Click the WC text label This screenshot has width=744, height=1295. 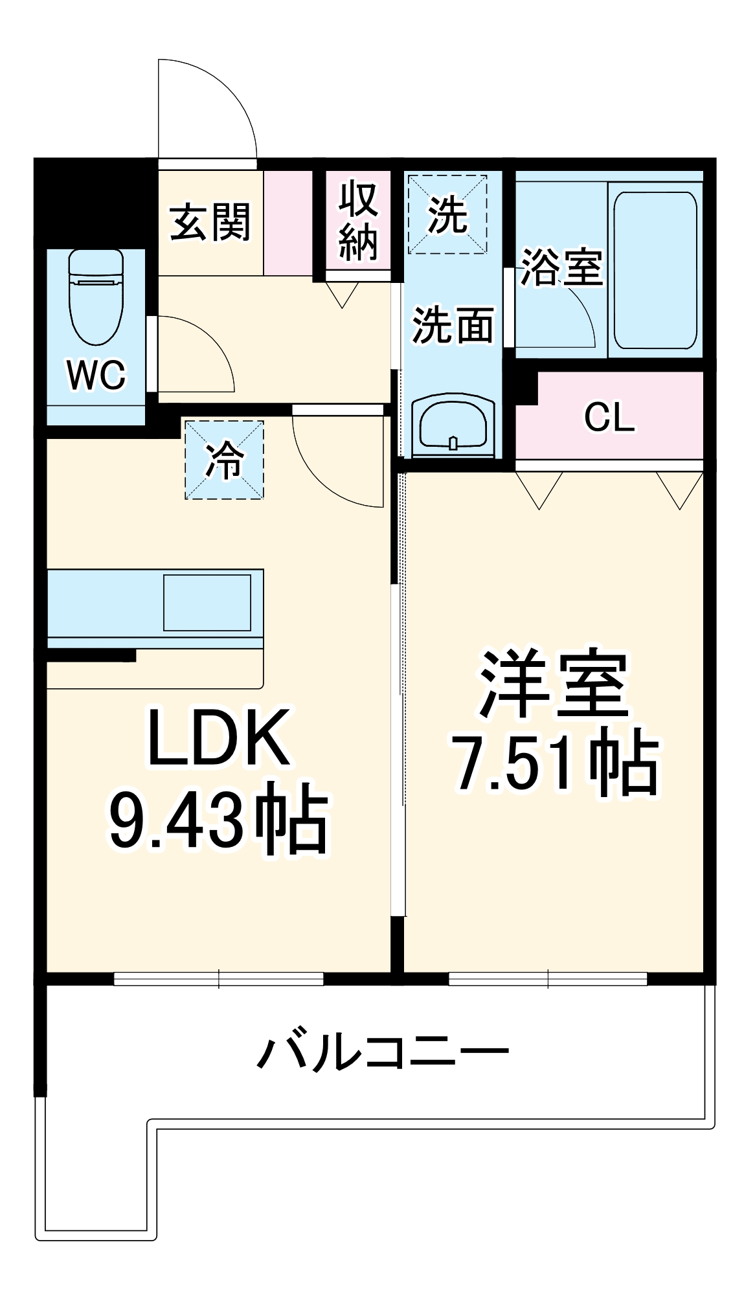click(x=96, y=375)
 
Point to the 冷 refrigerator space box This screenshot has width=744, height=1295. click(x=224, y=460)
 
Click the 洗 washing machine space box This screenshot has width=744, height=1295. click(x=447, y=214)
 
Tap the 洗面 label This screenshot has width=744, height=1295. click(x=453, y=324)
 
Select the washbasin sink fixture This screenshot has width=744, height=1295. click(x=453, y=424)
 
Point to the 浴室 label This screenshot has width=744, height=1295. click(x=561, y=267)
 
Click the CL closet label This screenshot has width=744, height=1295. click(x=609, y=417)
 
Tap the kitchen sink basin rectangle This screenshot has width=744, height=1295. click(x=207, y=602)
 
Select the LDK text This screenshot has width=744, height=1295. click(x=218, y=738)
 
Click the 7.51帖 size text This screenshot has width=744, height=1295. click(x=556, y=762)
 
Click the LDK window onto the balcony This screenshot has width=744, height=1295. click(x=219, y=978)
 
